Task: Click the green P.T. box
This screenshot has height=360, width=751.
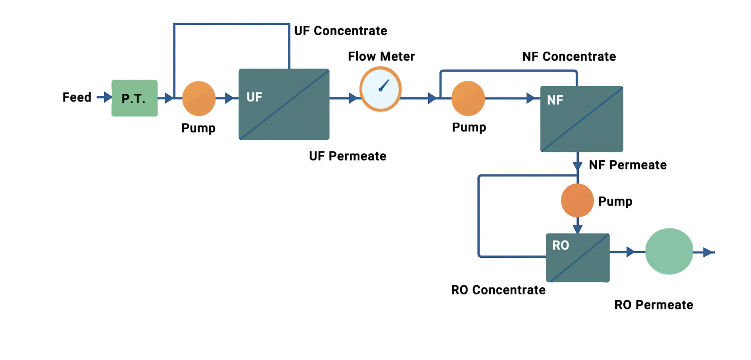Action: click(x=135, y=98)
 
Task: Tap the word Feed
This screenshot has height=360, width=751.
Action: click(x=77, y=98)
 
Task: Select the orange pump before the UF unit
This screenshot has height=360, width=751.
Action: click(x=199, y=98)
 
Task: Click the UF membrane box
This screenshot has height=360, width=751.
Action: click(x=284, y=104)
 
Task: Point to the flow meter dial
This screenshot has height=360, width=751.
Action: click(x=381, y=89)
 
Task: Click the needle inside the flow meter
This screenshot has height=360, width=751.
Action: click(x=384, y=85)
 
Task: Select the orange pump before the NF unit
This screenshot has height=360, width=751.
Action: click(x=468, y=98)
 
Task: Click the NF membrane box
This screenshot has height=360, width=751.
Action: click(x=582, y=119)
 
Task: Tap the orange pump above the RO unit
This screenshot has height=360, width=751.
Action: click(x=577, y=200)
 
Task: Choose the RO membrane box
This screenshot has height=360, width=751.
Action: click(x=578, y=258)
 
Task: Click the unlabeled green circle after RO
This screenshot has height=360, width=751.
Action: click(x=669, y=251)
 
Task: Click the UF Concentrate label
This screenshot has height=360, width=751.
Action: click(x=340, y=31)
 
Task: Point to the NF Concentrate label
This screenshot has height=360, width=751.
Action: click(x=569, y=56)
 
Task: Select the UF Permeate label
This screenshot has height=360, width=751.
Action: click(x=347, y=156)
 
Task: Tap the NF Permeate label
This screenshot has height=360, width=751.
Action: click(x=627, y=165)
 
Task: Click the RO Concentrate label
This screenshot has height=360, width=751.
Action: click(x=498, y=290)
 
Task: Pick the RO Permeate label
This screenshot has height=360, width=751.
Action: click(x=653, y=305)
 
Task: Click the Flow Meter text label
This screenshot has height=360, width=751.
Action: click(x=381, y=56)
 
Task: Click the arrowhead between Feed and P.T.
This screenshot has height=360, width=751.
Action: click(x=107, y=97)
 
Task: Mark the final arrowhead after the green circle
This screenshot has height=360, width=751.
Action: click(x=708, y=252)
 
